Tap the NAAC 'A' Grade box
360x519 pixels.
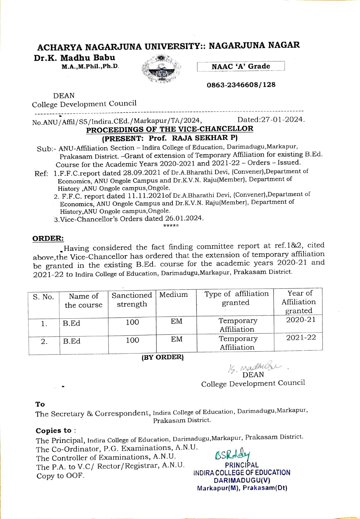tap(241, 66)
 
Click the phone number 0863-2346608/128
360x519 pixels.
tap(241, 85)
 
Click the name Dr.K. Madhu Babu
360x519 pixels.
tap(75, 58)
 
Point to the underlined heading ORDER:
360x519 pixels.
tap(48, 238)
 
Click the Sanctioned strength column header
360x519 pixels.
tap(132, 300)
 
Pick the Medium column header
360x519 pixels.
tap(173, 295)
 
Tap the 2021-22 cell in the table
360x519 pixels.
tap(301, 338)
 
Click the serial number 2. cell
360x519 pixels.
tap(44, 341)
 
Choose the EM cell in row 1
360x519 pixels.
tap(177, 321)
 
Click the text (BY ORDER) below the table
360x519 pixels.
tap(162, 357)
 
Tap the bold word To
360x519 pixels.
tap(40, 404)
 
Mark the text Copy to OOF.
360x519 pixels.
tap(60, 476)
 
